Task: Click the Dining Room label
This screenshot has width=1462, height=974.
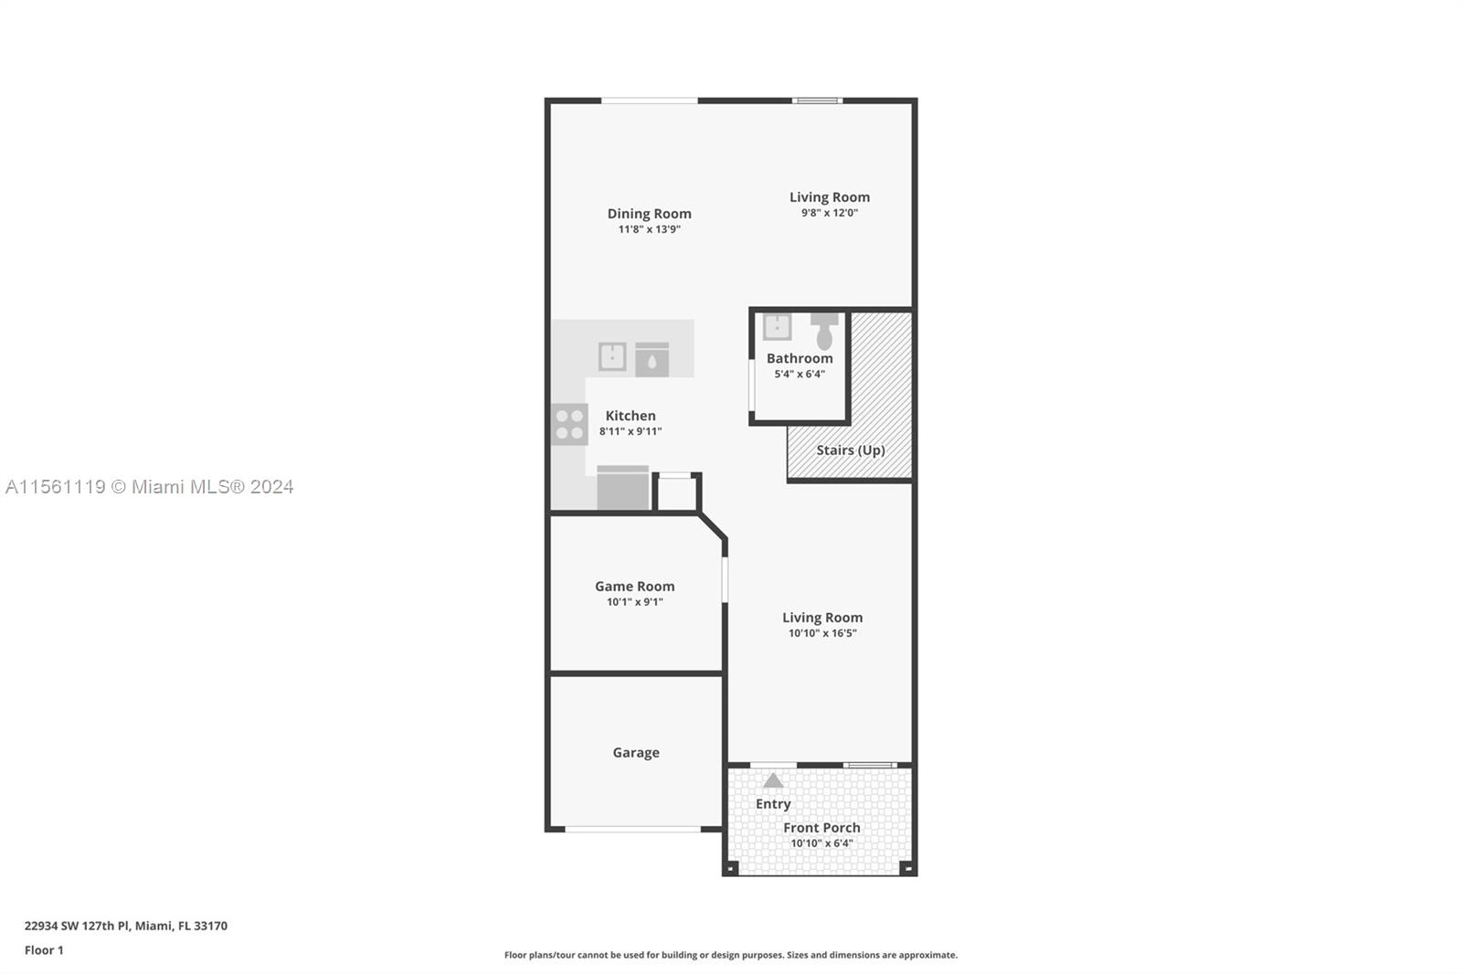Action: [649, 214]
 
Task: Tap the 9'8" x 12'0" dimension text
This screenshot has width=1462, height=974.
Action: [829, 213]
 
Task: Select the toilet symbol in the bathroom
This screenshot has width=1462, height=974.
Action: [824, 331]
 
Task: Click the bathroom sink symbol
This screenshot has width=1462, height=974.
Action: [777, 327]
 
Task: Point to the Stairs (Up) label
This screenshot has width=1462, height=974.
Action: [850, 450]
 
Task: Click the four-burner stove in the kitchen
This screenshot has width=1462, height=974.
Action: [569, 425]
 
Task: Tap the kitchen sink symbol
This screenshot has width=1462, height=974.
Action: [612, 357]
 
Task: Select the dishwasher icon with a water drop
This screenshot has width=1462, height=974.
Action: [652, 360]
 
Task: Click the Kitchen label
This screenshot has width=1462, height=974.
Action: [630, 416]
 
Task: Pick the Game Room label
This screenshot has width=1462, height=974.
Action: [634, 587]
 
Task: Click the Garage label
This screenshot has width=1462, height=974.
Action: [635, 753]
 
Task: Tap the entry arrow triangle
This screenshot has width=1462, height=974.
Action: [773, 781]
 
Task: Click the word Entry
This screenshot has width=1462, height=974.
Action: [773, 804]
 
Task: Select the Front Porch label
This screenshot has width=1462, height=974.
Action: [821, 828]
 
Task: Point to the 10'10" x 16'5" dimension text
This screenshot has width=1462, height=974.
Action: [821, 633]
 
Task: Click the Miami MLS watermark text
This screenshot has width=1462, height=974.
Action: [149, 487]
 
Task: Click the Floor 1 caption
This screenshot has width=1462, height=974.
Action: [44, 950]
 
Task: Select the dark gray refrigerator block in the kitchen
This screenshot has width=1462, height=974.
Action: [622, 489]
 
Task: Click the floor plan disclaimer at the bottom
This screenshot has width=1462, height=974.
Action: [730, 955]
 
